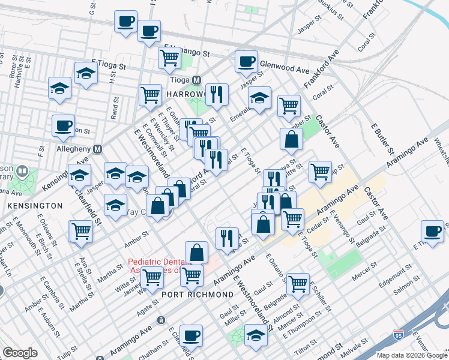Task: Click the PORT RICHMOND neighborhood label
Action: [x=197, y=295]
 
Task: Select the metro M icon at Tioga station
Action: [x=196, y=80]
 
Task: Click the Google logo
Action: [x=20, y=353]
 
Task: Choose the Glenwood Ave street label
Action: [x=283, y=62]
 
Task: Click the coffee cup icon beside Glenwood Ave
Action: [x=246, y=62]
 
